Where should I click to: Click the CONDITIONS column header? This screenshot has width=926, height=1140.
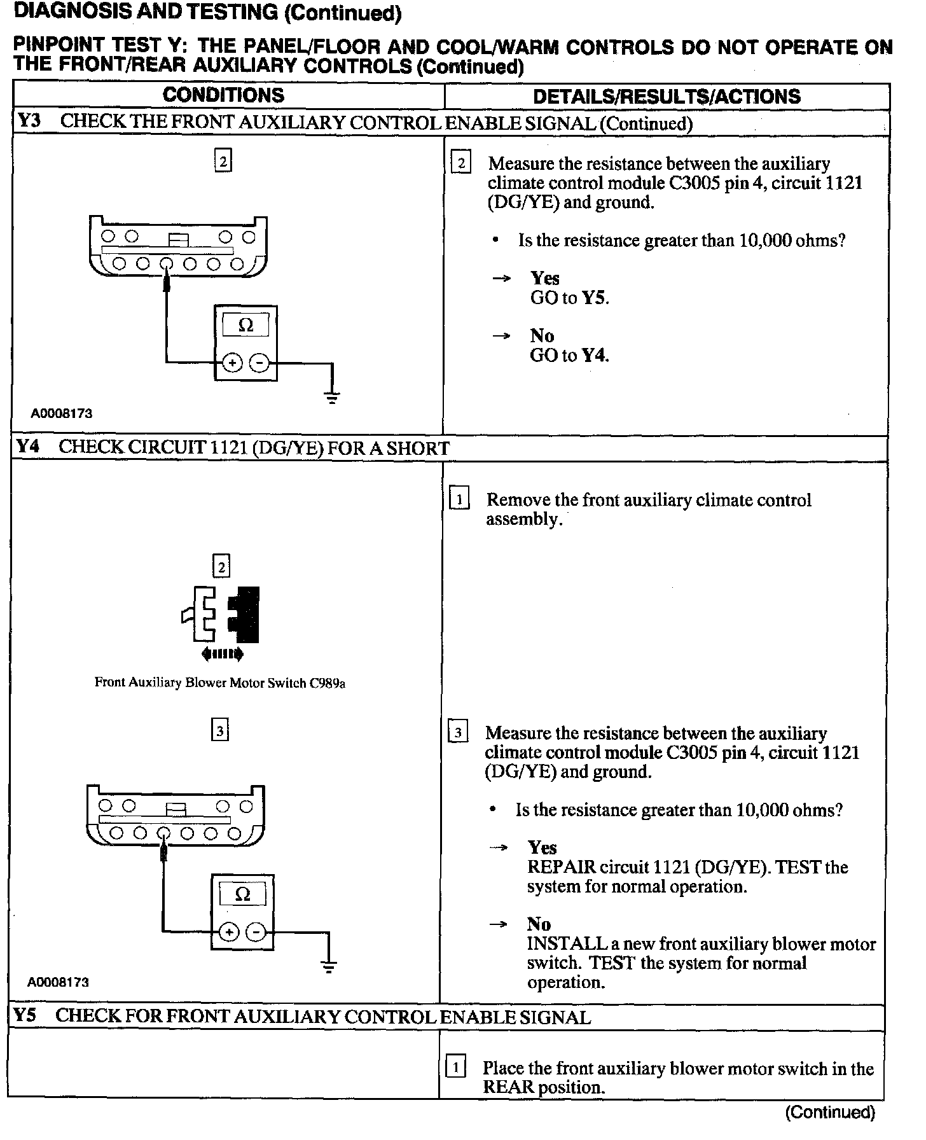tap(223, 95)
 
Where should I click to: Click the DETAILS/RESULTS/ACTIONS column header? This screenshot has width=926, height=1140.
tap(667, 97)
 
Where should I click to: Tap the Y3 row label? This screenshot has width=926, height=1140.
tap(28, 121)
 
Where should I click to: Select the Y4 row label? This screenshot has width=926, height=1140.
tap(27, 447)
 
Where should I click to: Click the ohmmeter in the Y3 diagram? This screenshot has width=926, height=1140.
tap(245, 343)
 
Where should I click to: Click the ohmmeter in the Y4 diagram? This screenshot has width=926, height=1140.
tap(242, 912)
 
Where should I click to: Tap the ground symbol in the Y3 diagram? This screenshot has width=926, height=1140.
tap(332, 398)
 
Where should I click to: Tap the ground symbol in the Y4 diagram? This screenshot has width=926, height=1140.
tap(328, 967)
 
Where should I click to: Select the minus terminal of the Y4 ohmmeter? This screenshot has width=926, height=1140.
tap(256, 933)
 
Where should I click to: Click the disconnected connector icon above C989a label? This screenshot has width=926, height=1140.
tap(221, 614)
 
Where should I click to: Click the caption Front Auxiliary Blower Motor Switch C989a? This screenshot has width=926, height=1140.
tap(219, 683)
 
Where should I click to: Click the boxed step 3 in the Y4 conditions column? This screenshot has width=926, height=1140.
tap(219, 731)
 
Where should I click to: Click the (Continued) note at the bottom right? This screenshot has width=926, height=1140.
tap(830, 1112)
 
